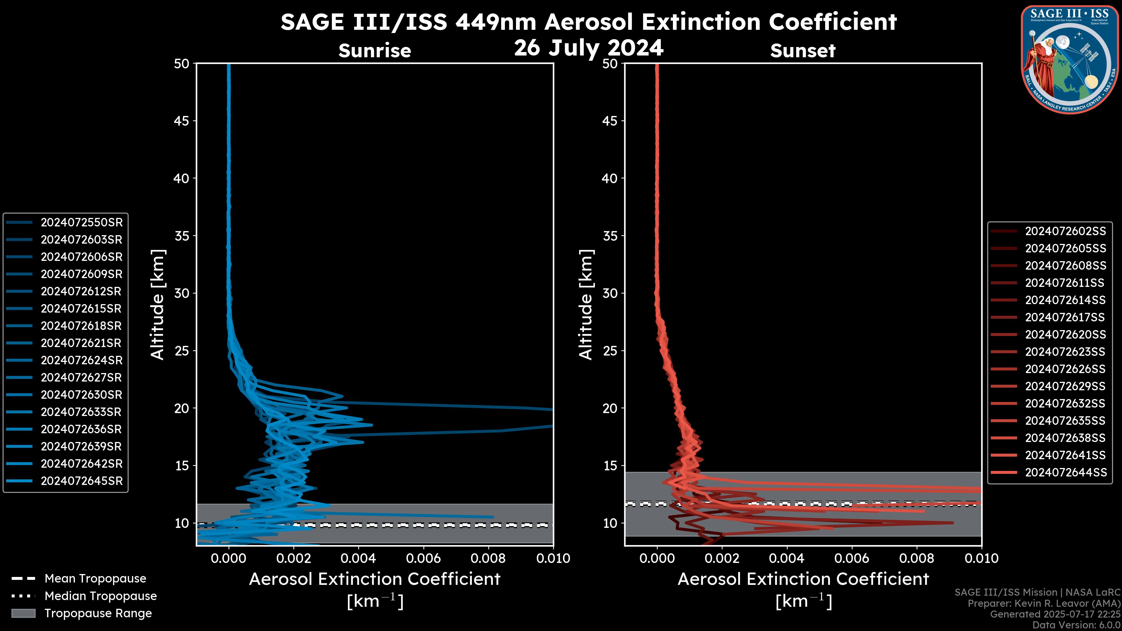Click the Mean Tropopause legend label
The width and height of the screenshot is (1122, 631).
coord(95,579)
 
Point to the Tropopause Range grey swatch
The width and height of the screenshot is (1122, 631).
coord(23,613)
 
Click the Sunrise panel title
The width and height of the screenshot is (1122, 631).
coord(375,51)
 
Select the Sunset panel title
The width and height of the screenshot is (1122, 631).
coord(803,51)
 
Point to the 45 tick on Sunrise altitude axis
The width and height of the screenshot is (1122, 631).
coord(182,121)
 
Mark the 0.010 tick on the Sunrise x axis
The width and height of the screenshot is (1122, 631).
coord(553,558)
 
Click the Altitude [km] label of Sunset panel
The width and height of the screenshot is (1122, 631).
coord(586,304)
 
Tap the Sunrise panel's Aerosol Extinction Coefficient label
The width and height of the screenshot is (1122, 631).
coord(375,579)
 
